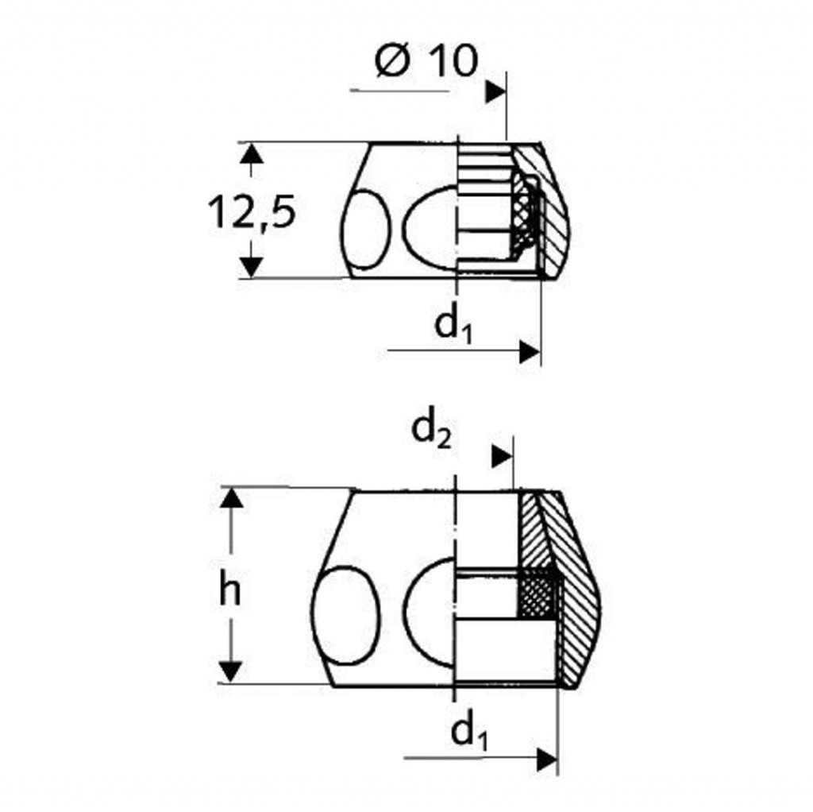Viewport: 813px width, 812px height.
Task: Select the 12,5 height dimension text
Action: (x=252, y=212)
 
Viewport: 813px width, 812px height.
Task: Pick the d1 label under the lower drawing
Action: (x=469, y=732)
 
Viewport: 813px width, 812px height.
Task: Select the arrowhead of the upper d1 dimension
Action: (x=530, y=352)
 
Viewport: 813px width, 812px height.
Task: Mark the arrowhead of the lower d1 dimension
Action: (x=547, y=760)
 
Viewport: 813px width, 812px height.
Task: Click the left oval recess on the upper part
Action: (x=366, y=228)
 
